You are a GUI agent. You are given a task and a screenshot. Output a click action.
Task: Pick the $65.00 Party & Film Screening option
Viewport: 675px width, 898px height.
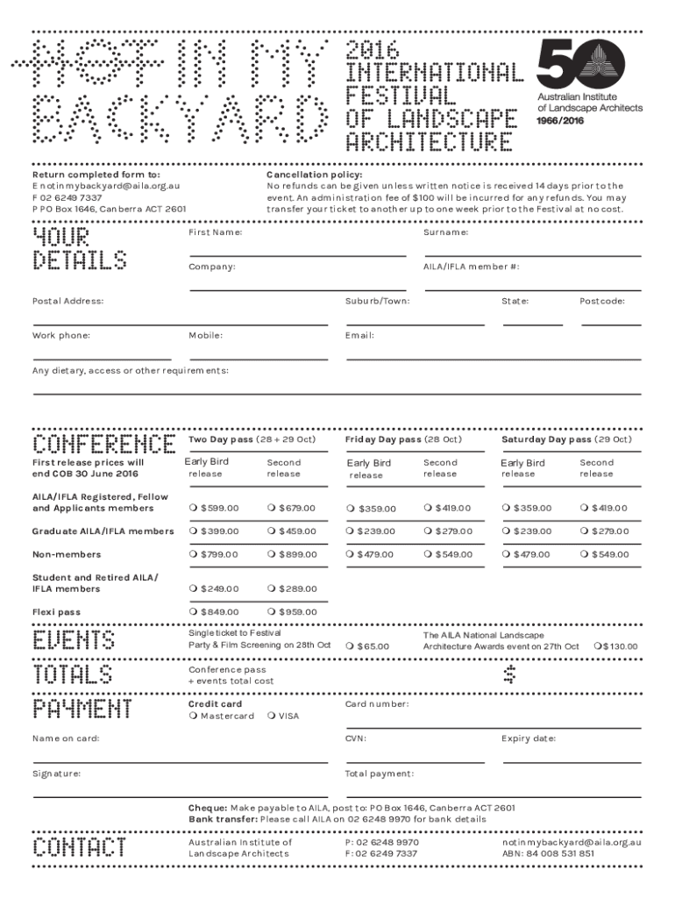click(349, 646)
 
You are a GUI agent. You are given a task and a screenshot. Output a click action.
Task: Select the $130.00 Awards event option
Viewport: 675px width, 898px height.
click(597, 646)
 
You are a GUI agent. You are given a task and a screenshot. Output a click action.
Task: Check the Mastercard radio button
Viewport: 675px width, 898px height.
click(193, 716)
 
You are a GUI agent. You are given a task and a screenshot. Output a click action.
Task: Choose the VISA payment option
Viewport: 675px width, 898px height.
click(271, 716)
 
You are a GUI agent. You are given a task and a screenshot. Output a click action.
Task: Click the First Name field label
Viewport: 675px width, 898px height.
click(215, 232)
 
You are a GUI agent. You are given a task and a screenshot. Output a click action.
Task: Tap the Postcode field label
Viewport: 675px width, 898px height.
click(601, 301)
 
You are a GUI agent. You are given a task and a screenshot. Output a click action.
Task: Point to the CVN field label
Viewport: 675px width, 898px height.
click(355, 738)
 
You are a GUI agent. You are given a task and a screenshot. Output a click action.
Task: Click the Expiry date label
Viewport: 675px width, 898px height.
click(528, 738)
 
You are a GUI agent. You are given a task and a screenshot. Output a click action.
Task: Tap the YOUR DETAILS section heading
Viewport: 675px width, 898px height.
click(79, 248)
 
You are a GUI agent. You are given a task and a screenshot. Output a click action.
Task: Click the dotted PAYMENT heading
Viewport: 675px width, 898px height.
click(82, 708)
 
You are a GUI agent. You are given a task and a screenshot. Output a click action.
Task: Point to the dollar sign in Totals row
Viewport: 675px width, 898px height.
click(510, 673)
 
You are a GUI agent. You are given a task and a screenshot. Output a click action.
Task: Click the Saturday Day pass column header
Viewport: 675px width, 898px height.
click(565, 438)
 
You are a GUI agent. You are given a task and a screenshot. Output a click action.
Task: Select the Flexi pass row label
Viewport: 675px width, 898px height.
click(56, 612)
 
